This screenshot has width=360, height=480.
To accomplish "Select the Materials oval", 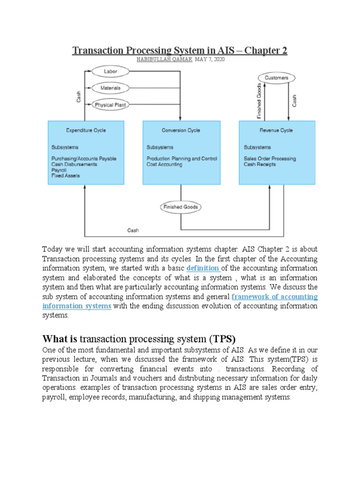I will [111, 88].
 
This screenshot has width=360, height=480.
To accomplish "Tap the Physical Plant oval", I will [111, 105].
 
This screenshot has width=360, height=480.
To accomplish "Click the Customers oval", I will [277, 78].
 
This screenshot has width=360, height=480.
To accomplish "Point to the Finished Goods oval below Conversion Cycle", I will [180, 207].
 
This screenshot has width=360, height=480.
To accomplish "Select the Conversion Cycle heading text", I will [180, 130].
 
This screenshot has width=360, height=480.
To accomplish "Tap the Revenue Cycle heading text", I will [277, 130].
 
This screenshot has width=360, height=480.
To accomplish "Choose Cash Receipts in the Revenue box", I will [260, 165].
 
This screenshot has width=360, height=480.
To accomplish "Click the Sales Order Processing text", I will [270, 158].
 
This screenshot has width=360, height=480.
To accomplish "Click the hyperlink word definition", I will [203, 268].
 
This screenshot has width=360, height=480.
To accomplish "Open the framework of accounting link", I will [275, 297].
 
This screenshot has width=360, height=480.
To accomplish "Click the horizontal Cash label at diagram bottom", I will [133, 230].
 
